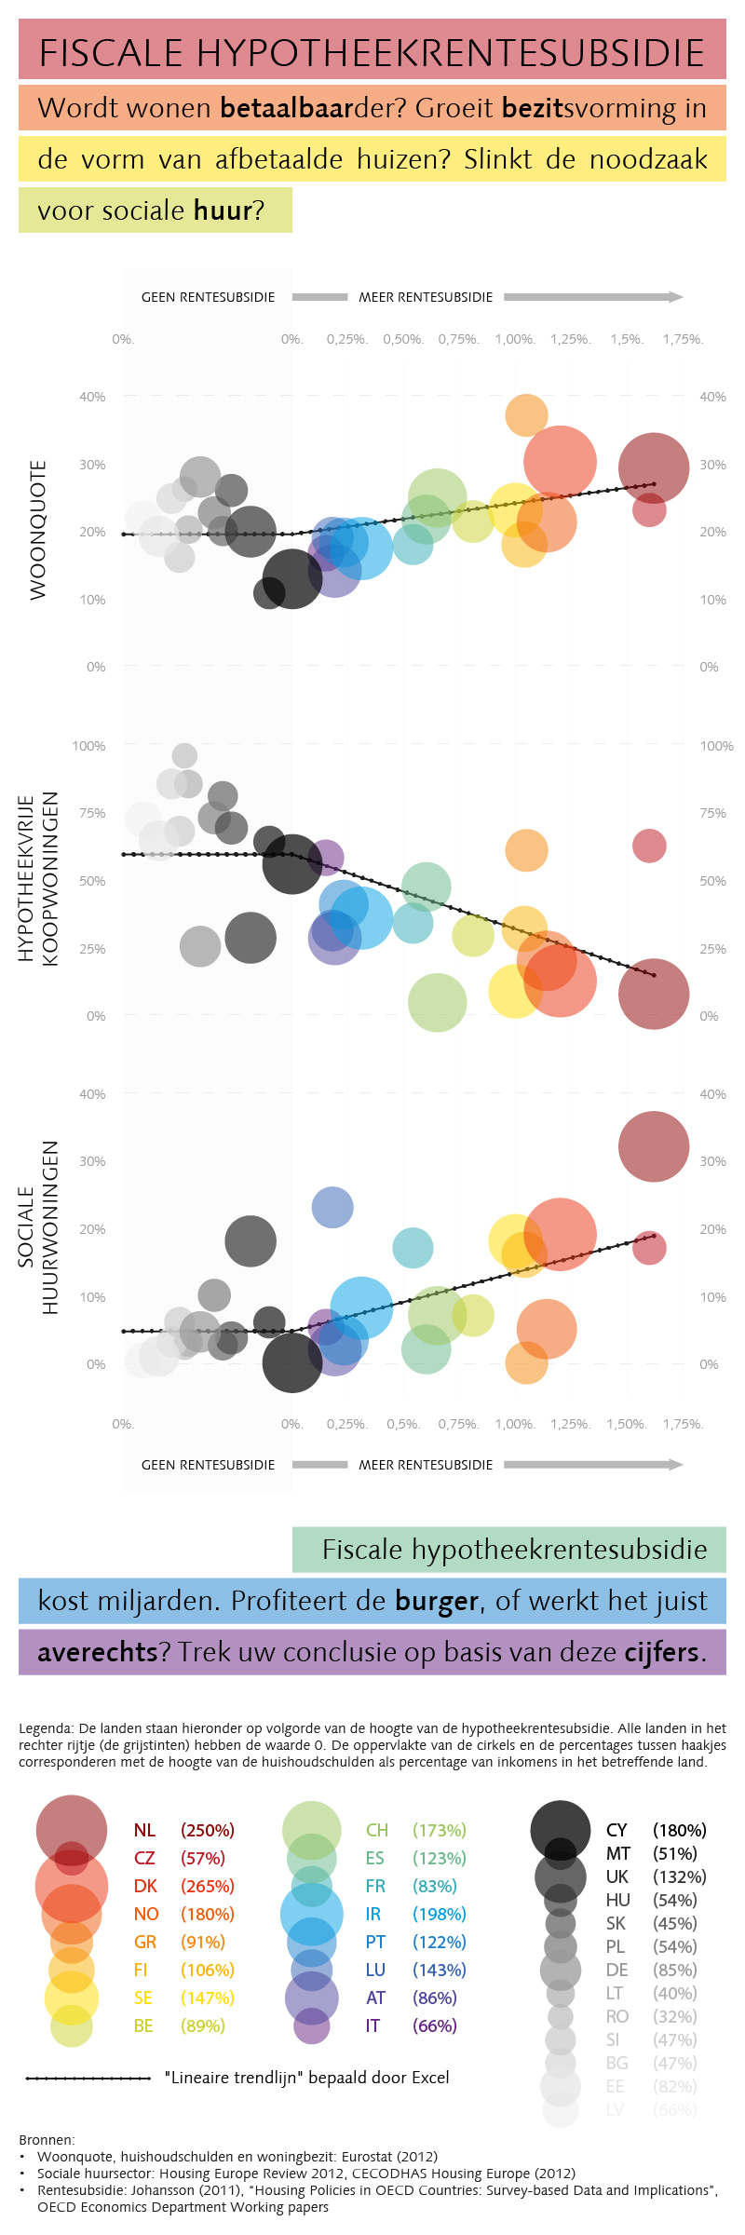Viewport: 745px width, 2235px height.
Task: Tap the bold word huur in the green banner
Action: point(223,210)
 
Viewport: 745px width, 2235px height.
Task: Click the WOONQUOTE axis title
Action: point(38,530)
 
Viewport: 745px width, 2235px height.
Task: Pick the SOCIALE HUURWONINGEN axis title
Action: point(37,1226)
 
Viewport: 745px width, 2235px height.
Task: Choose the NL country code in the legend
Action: point(144,1830)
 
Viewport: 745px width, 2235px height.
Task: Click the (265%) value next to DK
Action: point(207,1886)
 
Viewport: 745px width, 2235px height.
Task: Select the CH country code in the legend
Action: point(376,1830)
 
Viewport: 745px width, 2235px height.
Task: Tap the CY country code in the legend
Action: point(616,1830)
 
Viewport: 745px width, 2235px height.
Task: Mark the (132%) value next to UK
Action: point(679,1876)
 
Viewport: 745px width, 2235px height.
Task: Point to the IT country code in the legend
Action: point(372,2025)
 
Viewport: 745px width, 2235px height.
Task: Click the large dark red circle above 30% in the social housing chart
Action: point(654,1146)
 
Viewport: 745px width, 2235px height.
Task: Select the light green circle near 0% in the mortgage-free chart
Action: point(437,1003)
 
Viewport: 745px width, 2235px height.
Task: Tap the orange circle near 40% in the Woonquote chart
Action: point(526,414)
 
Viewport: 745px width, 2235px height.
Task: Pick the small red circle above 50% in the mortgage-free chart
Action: point(649,846)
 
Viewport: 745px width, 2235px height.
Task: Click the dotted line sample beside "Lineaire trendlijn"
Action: point(88,2078)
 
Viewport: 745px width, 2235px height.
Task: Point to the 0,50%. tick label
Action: point(403,339)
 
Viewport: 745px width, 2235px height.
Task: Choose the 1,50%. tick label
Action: point(627,1424)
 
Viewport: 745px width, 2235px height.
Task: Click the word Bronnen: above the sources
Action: point(47,2140)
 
